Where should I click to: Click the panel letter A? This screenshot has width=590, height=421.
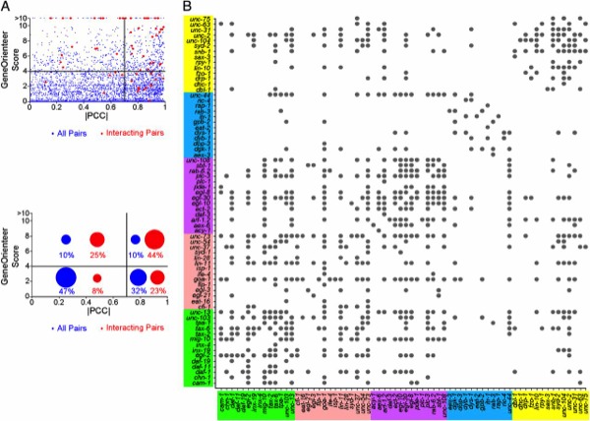(6, 7)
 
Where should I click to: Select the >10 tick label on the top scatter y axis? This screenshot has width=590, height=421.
(19, 17)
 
